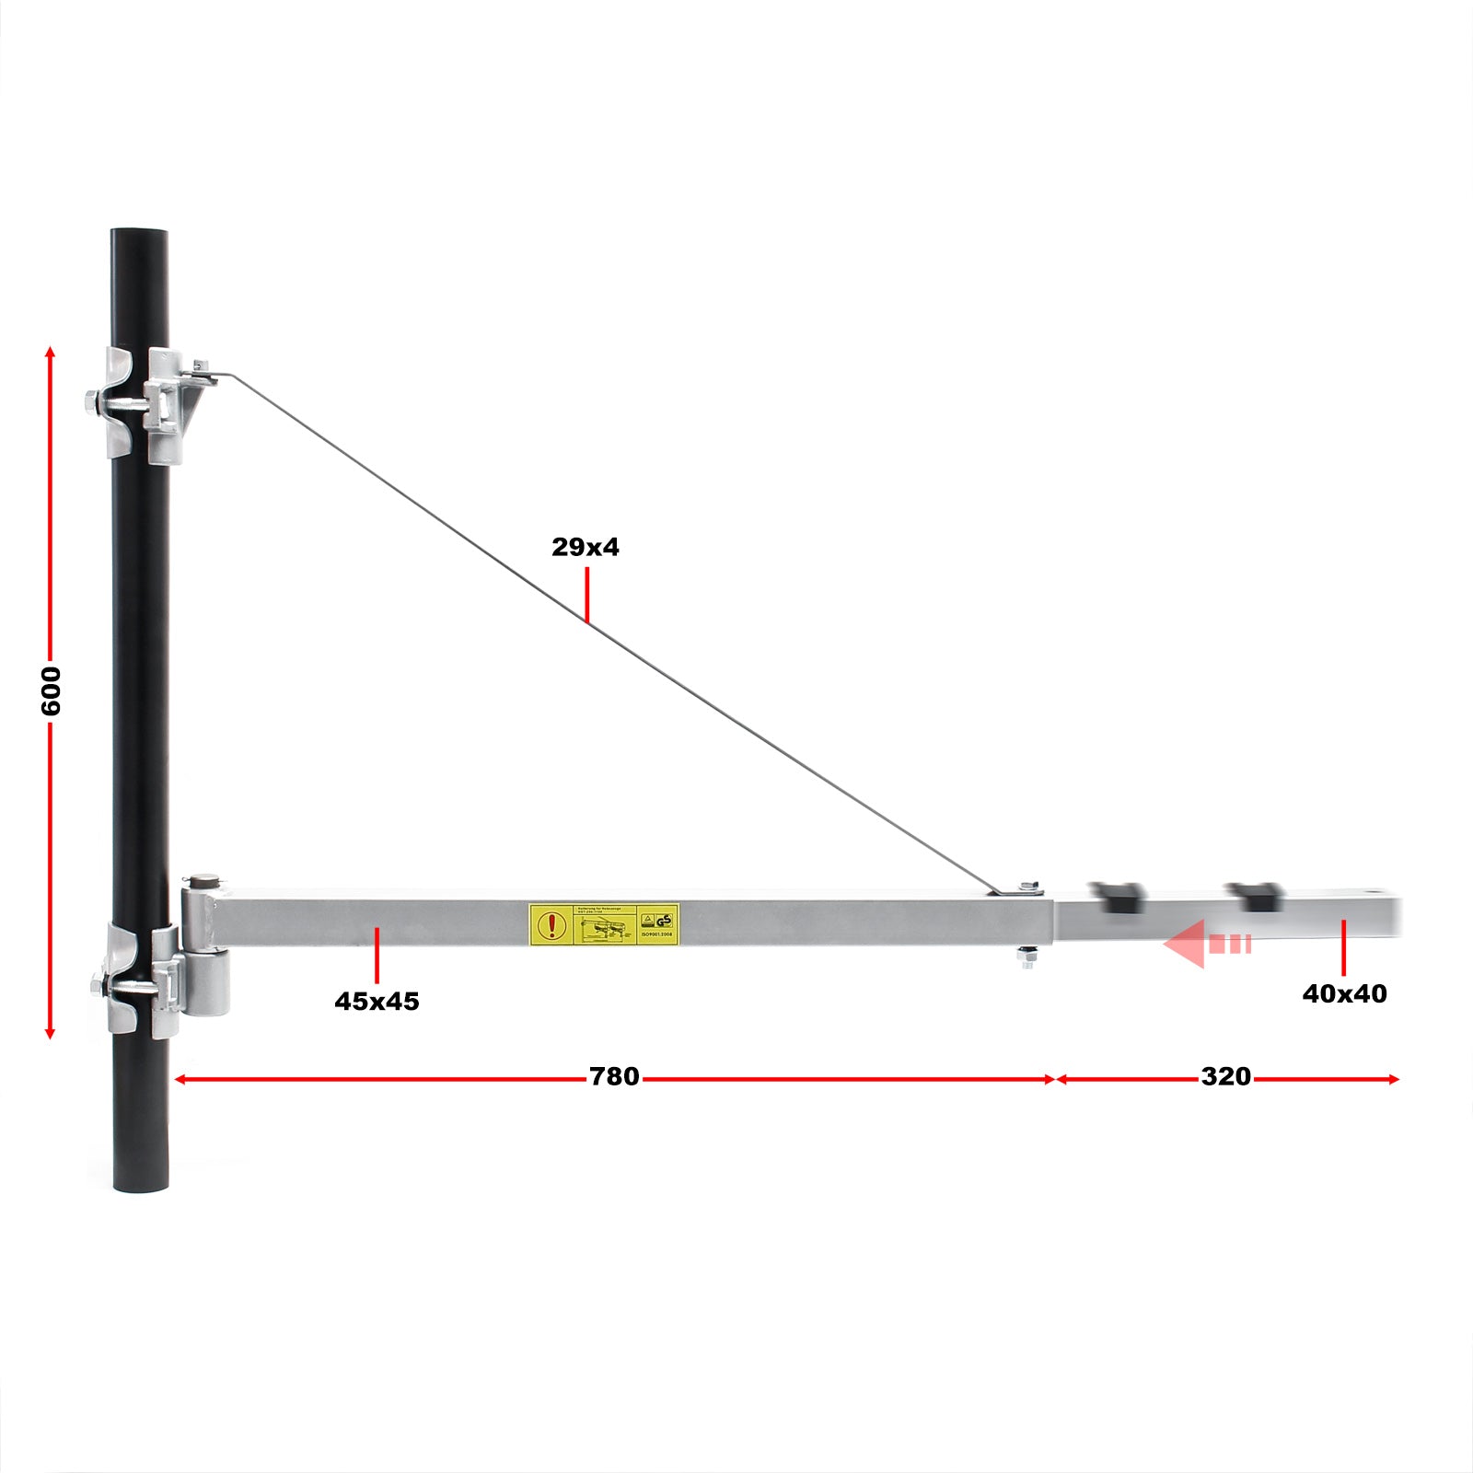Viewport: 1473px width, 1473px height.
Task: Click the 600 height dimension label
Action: (51, 691)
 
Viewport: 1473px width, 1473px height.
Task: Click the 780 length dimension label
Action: (614, 1077)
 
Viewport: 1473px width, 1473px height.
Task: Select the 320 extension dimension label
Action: (1225, 1077)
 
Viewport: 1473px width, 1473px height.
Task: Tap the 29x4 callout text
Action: (586, 547)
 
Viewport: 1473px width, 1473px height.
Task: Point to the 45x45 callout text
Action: (377, 1002)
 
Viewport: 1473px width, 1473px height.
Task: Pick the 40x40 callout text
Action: (1344, 994)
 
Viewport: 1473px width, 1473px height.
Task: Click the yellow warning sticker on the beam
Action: (604, 924)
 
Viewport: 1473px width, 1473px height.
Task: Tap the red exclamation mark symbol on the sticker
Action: (551, 924)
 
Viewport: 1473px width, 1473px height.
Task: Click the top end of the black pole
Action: (140, 236)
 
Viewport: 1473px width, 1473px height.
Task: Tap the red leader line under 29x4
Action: (586, 595)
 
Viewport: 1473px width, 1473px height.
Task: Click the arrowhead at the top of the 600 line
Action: (51, 353)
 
